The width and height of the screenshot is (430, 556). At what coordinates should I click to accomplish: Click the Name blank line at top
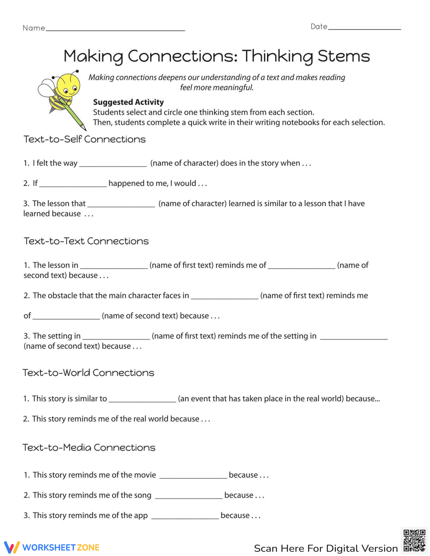tap(115, 30)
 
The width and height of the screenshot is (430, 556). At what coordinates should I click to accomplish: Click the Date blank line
tap(364, 28)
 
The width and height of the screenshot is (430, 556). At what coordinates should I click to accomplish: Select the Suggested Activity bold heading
tap(128, 102)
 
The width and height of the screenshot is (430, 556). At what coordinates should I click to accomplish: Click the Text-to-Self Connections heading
tap(85, 139)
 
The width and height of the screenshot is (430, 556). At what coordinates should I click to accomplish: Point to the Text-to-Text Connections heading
tap(86, 241)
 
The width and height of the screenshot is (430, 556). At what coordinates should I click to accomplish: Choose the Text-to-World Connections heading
tap(88, 373)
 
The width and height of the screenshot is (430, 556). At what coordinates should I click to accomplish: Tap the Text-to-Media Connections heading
tap(89, 448)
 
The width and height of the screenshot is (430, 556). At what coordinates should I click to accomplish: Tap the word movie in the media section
tap(145, 475)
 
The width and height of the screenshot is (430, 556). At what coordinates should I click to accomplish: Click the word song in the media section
tap(142, 495)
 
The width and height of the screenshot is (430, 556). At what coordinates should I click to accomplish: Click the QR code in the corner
tap(414, 540)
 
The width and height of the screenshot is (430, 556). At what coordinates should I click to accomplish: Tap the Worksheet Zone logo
tap(52, 547)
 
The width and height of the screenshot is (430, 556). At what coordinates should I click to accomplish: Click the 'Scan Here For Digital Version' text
tap(326, 548)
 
